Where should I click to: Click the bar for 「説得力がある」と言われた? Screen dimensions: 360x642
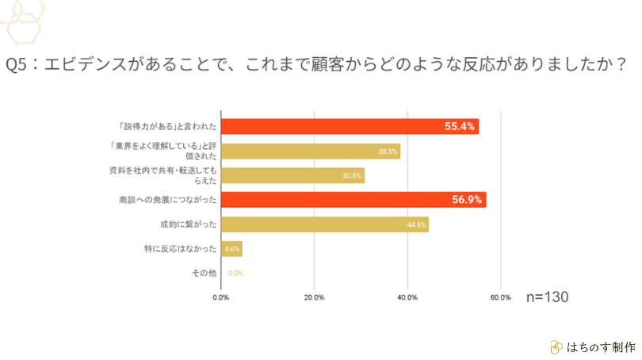click(x=349, y=126)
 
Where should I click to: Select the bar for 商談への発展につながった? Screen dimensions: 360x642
click(x=353, y=200)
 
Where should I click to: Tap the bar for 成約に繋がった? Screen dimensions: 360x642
click(x=324, y=224)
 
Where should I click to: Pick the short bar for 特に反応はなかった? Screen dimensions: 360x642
click(x=231, y=249)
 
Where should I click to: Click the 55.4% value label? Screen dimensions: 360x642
click(x=460, y=126)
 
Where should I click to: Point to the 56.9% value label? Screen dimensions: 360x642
click(x=467, y=200)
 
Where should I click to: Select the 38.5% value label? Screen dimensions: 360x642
click(x=388, y=151)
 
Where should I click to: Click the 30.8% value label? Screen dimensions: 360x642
click(x=352, y=175)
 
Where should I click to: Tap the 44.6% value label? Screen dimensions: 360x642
click(x=416, y=225)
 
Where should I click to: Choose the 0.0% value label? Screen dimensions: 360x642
click(x=235, y=274)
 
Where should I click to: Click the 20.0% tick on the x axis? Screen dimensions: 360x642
click(x=314, y=298)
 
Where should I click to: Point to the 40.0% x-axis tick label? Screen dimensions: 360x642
click(x=407, y=298)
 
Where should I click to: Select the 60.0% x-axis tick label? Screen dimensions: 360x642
click(x=500, y=298)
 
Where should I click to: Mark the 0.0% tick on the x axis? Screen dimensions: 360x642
click(x=220, y=298)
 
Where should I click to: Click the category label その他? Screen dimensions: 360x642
click(x=204, y=274)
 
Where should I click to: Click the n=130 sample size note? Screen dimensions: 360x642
click(x=548, y=297)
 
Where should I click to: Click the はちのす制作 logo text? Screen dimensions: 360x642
click(x=600, y=347)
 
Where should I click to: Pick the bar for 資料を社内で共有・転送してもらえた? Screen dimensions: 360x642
click(x=292, y=175)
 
